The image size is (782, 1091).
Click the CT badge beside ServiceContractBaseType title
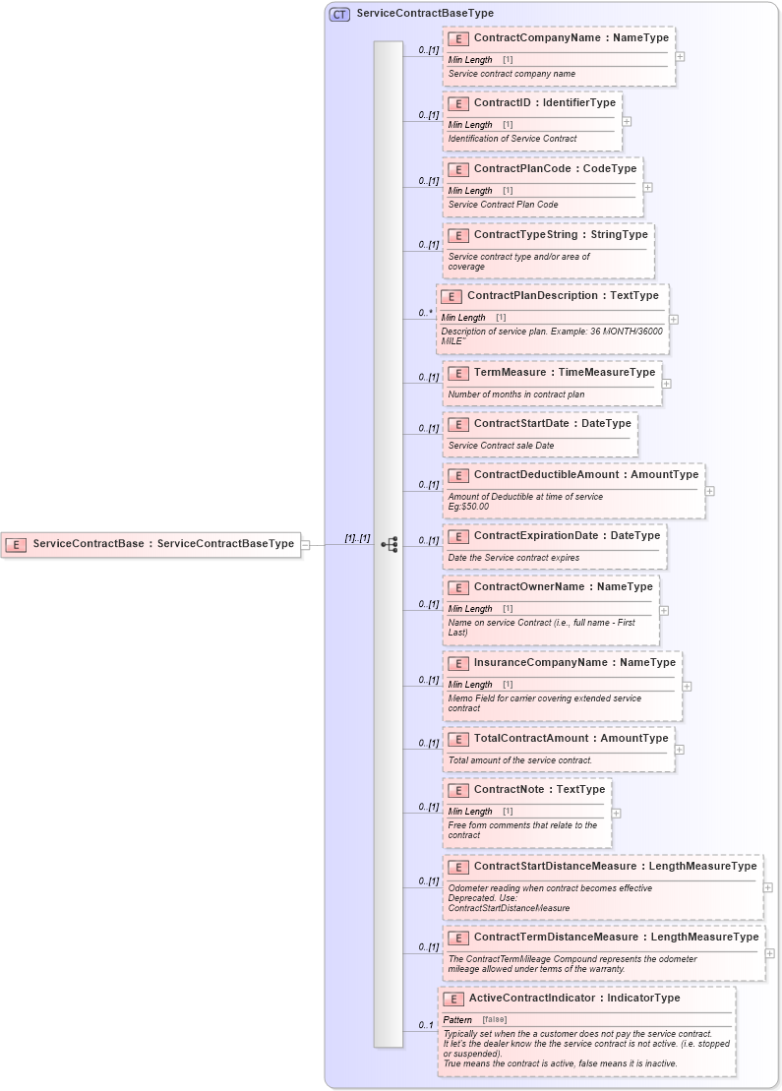[339, 14]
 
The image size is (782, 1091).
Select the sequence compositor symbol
[389, 544]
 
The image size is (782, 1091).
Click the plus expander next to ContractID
[627, 122]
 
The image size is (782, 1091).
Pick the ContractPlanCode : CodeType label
[555, 169]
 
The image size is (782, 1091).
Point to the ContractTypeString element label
[561, 235]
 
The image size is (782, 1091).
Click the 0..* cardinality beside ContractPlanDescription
[425, 314]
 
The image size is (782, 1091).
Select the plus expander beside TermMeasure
[666, 384]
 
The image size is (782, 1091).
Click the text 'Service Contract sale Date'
[501, 446]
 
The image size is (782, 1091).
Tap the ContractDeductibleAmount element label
[585, 475]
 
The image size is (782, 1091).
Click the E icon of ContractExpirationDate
[457, 537]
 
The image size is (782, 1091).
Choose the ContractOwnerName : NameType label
[563, 587]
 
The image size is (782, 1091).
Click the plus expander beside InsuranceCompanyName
[687, 687]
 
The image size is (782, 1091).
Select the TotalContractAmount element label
[571, 739]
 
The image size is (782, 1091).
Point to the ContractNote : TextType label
[539, 790]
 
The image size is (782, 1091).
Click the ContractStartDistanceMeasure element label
[615, 867]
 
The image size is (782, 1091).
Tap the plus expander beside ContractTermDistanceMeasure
[769, 953]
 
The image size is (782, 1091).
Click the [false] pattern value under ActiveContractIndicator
[495, 1019]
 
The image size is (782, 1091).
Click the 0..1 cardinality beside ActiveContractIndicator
[426, 1026]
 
